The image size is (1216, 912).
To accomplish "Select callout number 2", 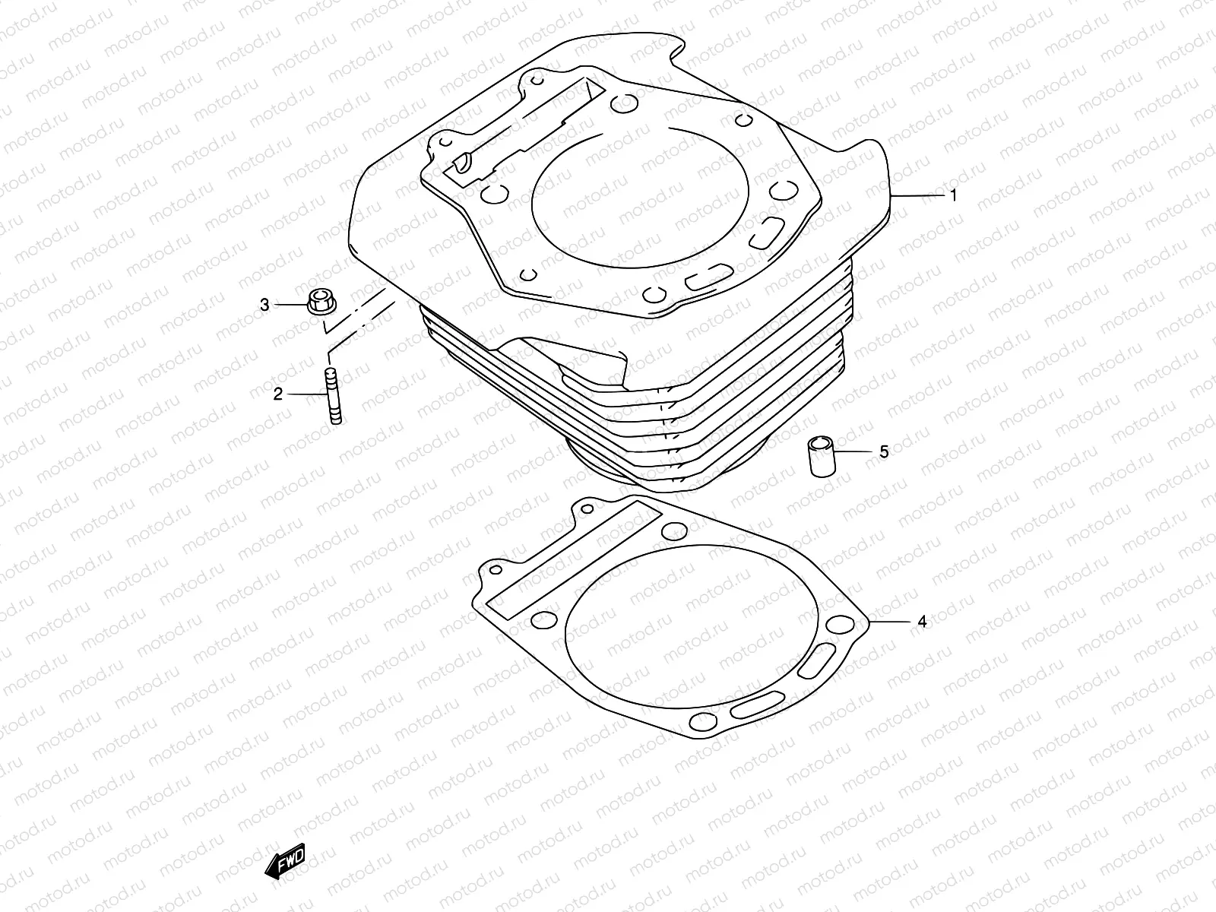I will (x=278, y=394).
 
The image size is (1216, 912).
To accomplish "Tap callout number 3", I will (x=264, y=305).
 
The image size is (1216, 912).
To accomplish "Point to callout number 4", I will (x=922, y=622).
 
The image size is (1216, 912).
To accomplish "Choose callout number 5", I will (x=883, y=451).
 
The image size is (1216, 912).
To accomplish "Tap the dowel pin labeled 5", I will (x=821, y=456).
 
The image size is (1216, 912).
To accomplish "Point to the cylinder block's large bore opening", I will (x=638, y=198).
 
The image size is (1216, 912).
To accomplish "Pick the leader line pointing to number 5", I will (x=855, y=451).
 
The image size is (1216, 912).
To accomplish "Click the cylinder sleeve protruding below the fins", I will (x=600, y=467).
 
